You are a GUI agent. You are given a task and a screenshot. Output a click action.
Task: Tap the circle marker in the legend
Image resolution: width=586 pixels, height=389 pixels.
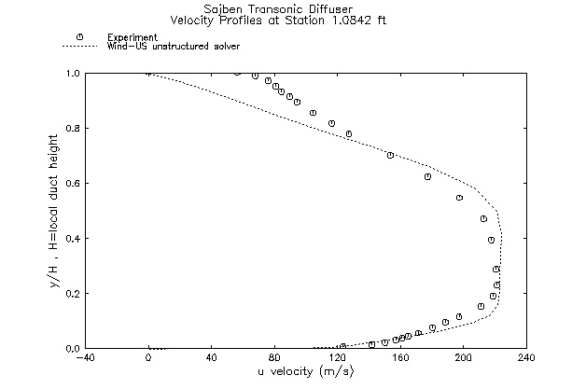coord(80,36)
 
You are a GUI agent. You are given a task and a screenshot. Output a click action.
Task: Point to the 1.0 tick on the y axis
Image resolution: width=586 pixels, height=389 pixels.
coord(71,73)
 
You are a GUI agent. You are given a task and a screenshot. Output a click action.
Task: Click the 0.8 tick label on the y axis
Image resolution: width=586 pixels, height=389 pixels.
coord(71,128)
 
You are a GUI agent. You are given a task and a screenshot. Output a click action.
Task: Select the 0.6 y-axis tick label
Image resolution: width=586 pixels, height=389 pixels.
coord(71,183)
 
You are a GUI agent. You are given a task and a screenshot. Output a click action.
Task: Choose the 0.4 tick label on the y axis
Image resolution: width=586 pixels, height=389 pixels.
coord(71,238)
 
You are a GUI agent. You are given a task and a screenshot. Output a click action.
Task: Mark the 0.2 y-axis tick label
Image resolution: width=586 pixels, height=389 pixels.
coord(71,293)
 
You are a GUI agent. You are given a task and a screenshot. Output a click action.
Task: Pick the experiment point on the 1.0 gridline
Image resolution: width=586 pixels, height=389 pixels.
coord(237,72)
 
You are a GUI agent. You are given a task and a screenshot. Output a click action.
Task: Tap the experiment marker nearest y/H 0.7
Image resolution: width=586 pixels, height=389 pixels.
coord(390,155)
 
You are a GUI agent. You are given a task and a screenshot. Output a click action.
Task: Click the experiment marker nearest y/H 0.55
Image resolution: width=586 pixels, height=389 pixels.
coord(459,197)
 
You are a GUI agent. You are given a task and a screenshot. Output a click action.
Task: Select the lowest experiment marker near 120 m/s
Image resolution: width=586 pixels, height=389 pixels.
coord(342,346)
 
